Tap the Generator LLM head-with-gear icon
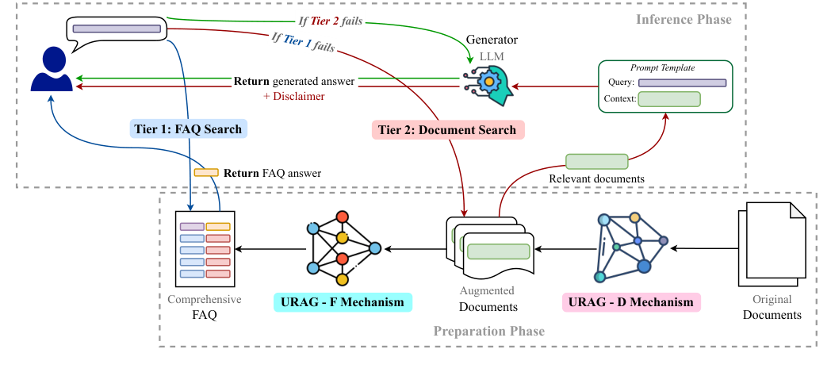(x=489, y=82)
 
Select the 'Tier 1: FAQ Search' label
(x=187, y=129)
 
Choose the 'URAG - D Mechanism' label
(x=632, y=302)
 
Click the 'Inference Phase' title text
(x=684, y=19)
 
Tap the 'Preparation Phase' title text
(x=488, y=331)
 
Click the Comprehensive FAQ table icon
(x=205, y=249)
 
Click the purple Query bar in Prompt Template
(x=682, y=82)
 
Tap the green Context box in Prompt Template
(x=669, y=99)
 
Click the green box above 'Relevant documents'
(x=596, y=162)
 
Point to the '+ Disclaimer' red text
(x=293, y=96)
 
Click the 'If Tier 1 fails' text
(x=301, y=44)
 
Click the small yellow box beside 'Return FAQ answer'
(x=206, y=172)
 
